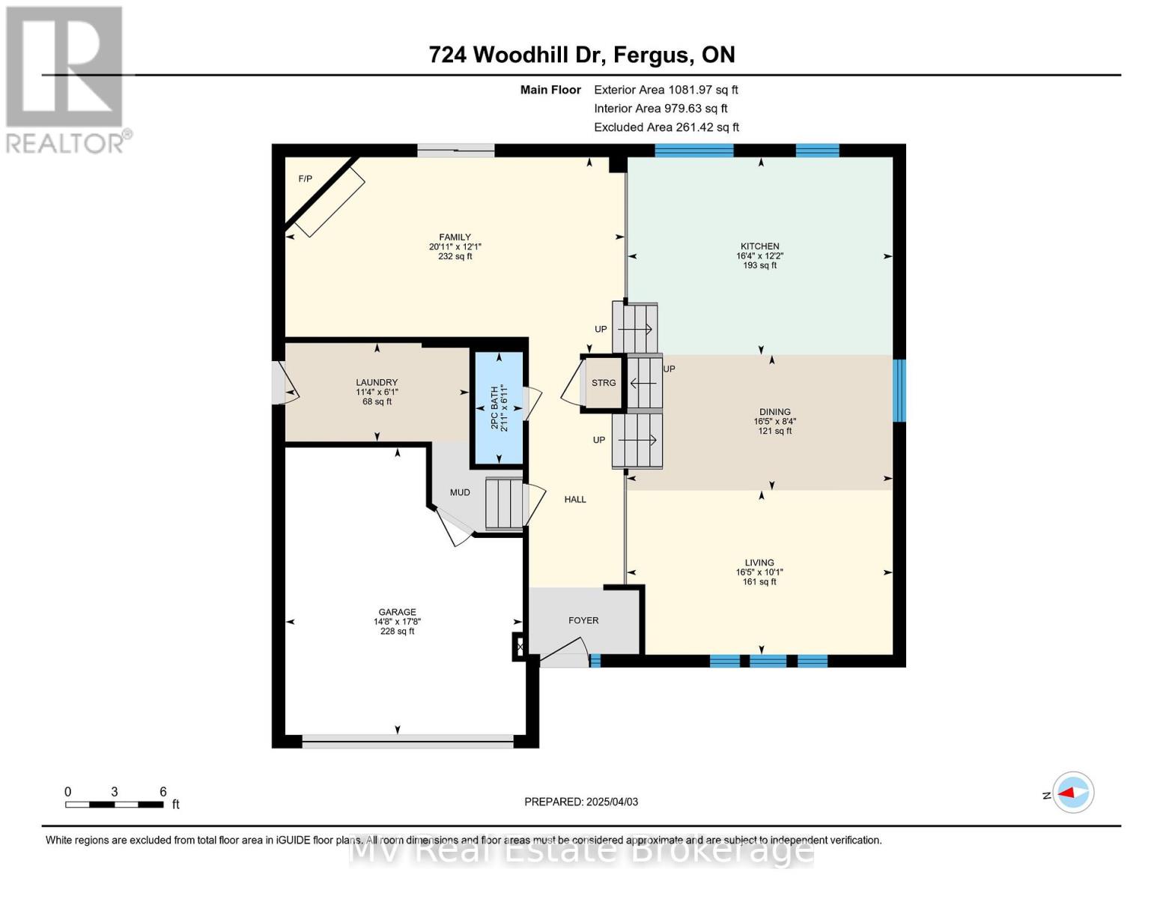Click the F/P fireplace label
click(305, 179)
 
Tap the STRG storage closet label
click(604, 383)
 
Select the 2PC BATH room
click(498, 408)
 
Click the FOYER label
click(583, 620)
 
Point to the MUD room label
click(460, 493)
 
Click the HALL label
click(575, 500)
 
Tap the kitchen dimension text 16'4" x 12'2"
click(760, 256)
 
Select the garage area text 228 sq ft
click(397, 632)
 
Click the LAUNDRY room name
click(377, 382)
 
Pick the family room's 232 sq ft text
click(455, 256)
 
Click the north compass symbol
click(1073, 793)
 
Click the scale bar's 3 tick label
click(115, 792)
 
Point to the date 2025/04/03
click(613, 802)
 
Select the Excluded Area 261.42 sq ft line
click(666, 127)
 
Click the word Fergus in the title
click(651, 55)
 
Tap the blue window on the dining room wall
click(899, 390)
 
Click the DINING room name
click(775, 412)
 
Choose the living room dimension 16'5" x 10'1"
click(759, 572)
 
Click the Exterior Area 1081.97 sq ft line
click(666, 90)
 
